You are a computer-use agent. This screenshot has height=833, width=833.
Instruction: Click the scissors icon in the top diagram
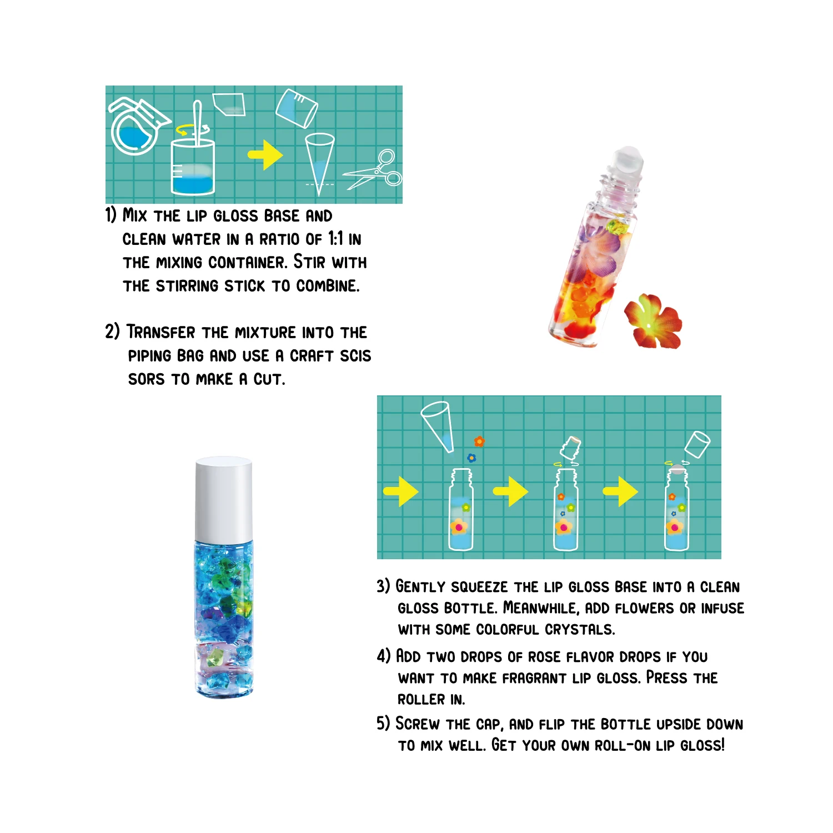pyautogui.click(x=373, y=171)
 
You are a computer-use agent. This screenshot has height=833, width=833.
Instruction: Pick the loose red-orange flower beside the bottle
pyautogui.click(x=653, y=322)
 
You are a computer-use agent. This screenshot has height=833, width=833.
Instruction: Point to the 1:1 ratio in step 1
pyautogui.click(x=335, y=239)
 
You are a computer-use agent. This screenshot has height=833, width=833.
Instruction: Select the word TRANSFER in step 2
pyautogui.click(x=161, y=332)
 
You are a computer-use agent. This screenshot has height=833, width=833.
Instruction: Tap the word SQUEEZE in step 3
pyautogui.click(x=479, y=587)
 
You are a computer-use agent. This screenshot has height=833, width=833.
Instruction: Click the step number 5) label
pyautogui.click(x=383, y=724)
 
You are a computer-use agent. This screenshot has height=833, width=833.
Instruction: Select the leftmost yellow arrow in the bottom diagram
pyautogui.click(x=400, y=491)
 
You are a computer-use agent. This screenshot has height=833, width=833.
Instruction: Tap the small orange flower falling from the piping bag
pyautogui.click(x=479, y=441)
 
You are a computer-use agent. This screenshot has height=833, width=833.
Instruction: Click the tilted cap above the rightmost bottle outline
pyautogui.click(x=697, y=444)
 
